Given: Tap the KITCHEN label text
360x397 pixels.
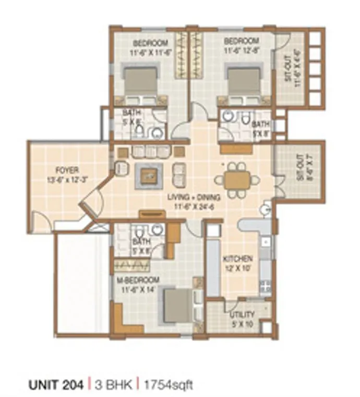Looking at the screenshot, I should tap(238, 259).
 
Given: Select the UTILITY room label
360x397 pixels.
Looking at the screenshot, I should tap(243, 314).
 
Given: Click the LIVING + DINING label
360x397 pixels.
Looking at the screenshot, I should tap(194, 197).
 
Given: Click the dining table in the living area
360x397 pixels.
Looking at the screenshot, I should tap(237, 180).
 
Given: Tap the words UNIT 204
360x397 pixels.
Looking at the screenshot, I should tap(55, 386).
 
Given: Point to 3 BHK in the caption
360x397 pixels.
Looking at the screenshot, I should tap(112, 386).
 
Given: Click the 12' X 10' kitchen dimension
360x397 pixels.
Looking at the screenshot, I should tap(238, 267).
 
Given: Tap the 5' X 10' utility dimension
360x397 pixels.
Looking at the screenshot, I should tap(243, 323).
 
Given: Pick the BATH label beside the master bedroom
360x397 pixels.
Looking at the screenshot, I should tap(141, 242).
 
